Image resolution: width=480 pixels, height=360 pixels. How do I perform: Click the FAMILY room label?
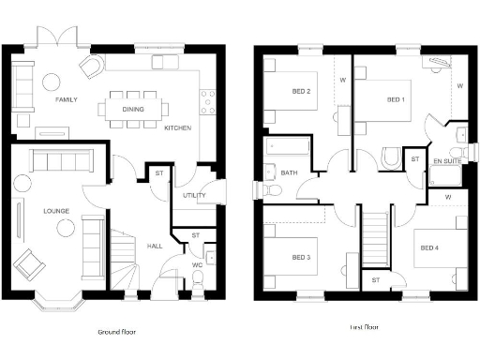pos(66,99)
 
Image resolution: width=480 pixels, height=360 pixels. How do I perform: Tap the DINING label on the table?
pos(132,108)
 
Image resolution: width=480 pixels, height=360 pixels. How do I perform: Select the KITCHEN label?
pos(178,127)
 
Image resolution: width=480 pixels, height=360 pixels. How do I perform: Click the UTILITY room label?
pos(181,195)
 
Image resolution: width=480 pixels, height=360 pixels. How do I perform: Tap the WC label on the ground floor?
pos(196,264)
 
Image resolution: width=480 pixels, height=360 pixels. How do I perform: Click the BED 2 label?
pos(301,91)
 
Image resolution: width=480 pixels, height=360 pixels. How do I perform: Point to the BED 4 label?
pos(428,247)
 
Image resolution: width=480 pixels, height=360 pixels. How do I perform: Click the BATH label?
pos(289,172)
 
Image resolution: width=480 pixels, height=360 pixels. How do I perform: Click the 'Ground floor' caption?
pos(120,332)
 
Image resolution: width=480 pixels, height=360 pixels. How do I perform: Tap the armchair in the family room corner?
pos(91,67)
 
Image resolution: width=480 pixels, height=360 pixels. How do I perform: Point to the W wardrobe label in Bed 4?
pos(448,198)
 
